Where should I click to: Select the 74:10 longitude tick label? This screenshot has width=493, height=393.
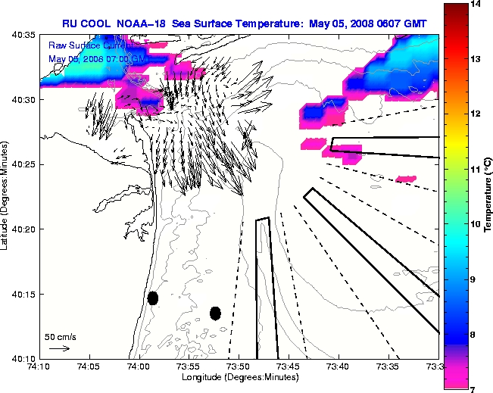pos(40,366)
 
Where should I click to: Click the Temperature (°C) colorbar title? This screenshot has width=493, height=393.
pos(488,197)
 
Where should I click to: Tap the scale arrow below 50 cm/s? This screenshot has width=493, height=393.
pos(59,348)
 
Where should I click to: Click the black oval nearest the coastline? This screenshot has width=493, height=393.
pos(153,298)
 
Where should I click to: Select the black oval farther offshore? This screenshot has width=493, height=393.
pos(215,313)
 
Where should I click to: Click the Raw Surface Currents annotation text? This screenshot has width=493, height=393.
pos(83,46)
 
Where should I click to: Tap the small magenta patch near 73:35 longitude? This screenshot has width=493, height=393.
pos(406,179)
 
